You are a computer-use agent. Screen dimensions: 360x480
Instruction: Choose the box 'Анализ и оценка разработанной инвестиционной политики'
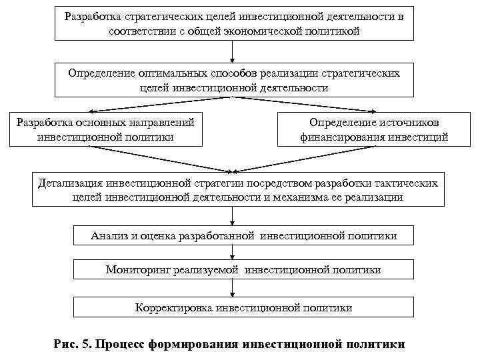243,235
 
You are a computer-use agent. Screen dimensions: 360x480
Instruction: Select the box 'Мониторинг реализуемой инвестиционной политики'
243,270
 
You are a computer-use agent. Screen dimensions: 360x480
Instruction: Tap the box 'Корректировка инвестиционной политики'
243,307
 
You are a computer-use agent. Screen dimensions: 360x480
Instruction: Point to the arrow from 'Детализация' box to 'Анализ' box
231,216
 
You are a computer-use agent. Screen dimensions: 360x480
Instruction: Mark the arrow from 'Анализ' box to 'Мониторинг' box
231,253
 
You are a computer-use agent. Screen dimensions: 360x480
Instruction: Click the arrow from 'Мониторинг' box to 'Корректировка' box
231,288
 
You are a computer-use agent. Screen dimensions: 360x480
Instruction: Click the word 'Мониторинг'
139,270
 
